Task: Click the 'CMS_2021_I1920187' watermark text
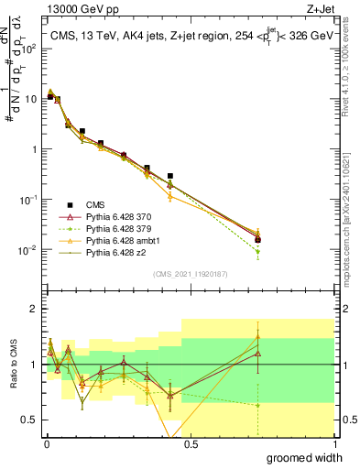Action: click(x=190, y=274)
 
